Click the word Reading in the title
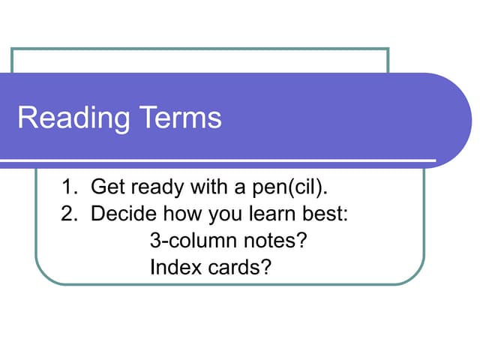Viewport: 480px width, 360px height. (x=72, y=118)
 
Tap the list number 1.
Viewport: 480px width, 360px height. (x=67, y=187)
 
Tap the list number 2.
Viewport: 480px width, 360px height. (x=67, y=214)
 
